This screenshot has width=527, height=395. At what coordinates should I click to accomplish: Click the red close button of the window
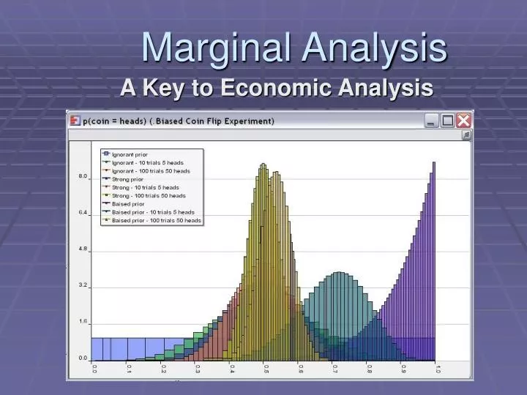(x=464, y=121)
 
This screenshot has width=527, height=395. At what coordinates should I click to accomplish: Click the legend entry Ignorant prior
(x=130, y=154)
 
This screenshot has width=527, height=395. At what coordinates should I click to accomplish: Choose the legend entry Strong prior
(x=127, y=178)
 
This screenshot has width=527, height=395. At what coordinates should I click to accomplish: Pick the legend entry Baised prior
(x=127, y=203)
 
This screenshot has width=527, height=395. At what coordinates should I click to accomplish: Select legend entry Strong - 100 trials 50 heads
(x=149, y=195)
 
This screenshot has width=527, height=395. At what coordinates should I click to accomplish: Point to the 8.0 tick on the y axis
(x=83, y=176)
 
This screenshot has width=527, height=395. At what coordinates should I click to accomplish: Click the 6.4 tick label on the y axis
(x=83, y=213)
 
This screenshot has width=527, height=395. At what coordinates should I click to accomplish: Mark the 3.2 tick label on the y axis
(x=83, y=285)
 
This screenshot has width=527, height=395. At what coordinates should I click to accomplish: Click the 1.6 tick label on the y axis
(x=83, y=322)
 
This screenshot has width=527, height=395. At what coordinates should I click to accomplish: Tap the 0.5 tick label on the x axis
(x=266, y=370)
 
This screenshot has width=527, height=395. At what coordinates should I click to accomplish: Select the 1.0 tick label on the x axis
(x=437, y=370)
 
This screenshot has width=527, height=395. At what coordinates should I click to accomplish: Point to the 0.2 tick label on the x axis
(x=163, y=370)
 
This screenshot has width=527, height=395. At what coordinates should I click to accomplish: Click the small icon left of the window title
(x=74, y=121)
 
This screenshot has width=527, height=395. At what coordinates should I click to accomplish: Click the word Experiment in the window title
(x=247, y=121)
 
